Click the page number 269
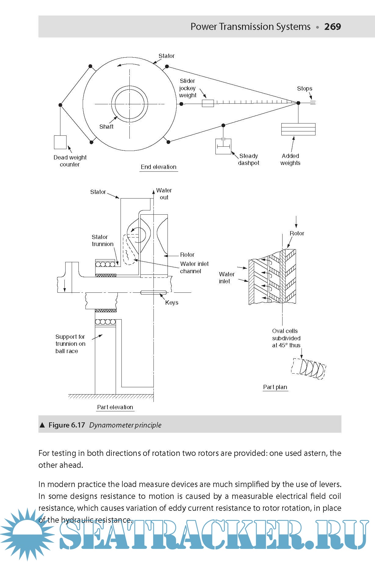332,27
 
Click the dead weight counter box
60,142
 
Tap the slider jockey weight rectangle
208,103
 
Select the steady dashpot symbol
223,146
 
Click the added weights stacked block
298,129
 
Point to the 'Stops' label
305,88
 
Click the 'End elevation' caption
158,167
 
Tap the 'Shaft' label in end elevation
106,127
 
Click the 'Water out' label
164,194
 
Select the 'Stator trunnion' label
102,240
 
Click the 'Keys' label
171,302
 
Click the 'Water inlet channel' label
194,267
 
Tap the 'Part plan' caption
275,387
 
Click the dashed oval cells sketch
308,368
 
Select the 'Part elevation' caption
115,407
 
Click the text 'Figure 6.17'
67,425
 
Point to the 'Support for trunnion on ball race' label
70,344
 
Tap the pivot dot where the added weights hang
298,103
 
